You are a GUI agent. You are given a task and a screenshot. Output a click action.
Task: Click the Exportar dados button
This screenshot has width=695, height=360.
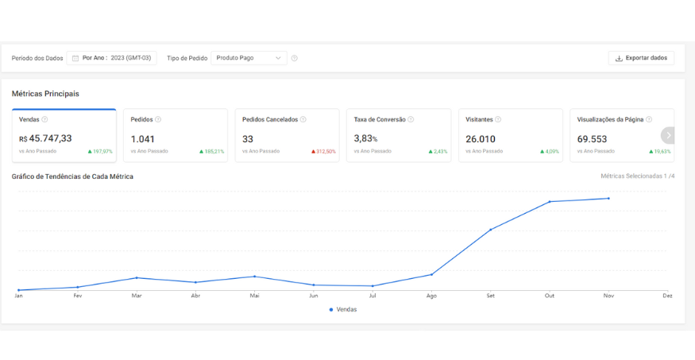[x=641, y=58]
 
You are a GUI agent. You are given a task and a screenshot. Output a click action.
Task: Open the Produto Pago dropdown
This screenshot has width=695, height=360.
[x=249, y=58]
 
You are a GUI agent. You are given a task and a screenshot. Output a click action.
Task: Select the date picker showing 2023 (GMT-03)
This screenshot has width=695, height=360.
[x=112, y=58]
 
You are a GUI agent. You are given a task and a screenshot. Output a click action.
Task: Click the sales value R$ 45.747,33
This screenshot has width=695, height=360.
[x=45, y=138]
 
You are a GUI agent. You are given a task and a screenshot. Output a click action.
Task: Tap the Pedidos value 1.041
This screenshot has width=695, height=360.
[x=143, y=139]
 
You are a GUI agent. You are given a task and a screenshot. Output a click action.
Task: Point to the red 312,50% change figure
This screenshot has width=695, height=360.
[x=323, y=152]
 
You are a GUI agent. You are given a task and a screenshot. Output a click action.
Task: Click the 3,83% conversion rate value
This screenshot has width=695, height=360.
[x=365, y=139]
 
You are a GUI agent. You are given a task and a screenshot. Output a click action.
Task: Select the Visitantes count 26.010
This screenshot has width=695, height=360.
[x=481, y=139]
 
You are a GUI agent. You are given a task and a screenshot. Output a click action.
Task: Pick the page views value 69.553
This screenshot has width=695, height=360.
[x=592, y=139]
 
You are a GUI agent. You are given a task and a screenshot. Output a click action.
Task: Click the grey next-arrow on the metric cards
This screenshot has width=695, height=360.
[x=668, y=135]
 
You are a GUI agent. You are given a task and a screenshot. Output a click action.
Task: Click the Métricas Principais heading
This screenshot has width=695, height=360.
[x=45, y=94]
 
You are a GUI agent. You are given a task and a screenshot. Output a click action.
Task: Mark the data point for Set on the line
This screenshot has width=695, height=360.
[x=491, y=230]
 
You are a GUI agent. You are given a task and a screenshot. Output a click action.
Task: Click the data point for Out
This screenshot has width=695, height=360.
[x=550, y=202]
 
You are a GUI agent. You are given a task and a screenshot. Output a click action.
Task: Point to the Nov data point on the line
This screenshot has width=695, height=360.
[x=608, y=198]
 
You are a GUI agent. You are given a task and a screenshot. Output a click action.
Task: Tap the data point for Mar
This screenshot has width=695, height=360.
[x=137, y=277]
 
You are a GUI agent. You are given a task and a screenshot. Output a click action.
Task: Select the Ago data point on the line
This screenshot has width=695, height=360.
[x=432, y=274]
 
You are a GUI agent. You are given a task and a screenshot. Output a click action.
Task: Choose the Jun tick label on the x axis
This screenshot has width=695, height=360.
[x=314, y=296]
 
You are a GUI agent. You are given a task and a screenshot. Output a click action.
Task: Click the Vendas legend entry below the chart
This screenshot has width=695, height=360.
[x=342, y=309]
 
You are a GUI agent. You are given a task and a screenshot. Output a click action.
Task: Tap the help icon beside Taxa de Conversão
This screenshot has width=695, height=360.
[x=411, y=119]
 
